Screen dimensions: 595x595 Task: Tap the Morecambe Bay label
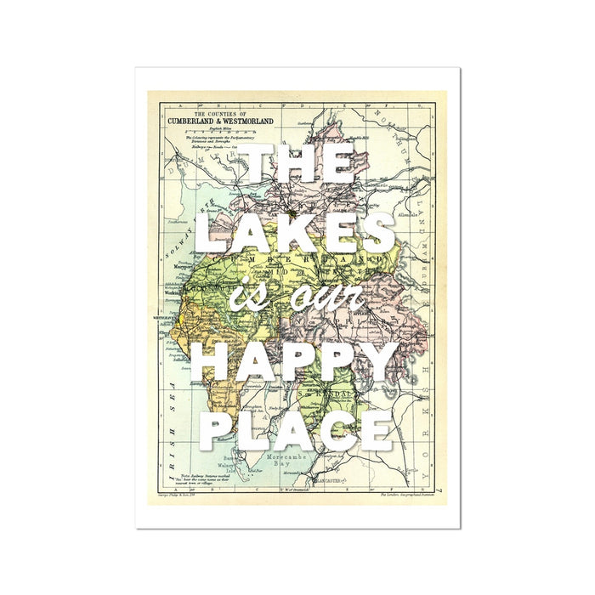point(292,462)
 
